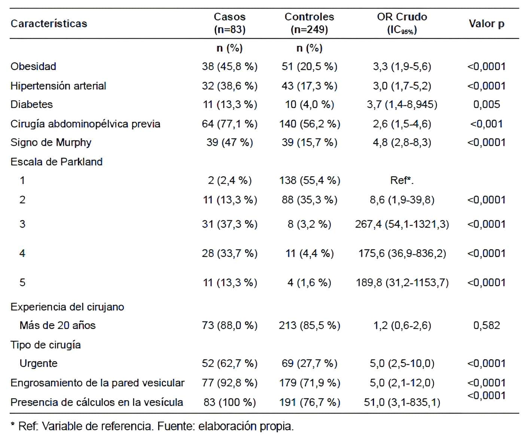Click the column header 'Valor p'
click(486, 24)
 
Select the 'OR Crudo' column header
click(402, 17)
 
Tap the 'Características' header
click(49, 24)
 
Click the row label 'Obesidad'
click(33, 66)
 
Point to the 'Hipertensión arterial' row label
click(58, 86)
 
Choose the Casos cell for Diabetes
click(229, 104)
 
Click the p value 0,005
click(486, 104)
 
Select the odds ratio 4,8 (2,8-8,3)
click(402, 142)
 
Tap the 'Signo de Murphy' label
click(51, 142)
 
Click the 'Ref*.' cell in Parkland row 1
click(402, 180)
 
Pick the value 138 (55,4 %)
click(309, 180)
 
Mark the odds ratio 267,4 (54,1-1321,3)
click(402, 224)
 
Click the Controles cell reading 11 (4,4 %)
click(309, 253)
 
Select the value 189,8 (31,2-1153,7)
click(402, 282)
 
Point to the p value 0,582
click(486, 325)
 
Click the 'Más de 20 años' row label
click(57, 325)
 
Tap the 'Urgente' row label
click(38, 364)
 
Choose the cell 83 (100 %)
click(229, 402)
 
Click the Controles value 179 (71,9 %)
click(309, 383)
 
